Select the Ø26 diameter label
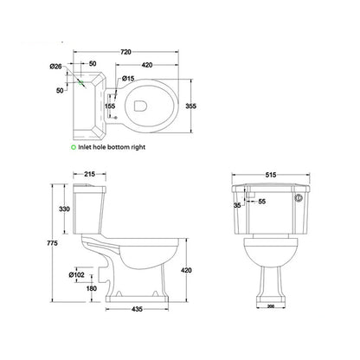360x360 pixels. tap(54, 67)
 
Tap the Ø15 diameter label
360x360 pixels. tap(127, 80)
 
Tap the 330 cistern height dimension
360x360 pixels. tap(63, 209)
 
